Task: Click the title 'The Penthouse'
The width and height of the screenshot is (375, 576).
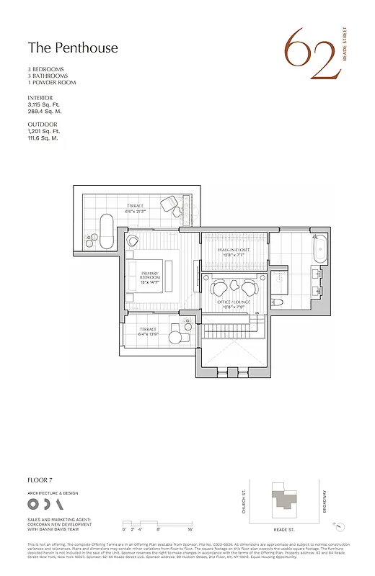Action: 72,48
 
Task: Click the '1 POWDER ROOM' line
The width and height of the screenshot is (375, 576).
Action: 52,83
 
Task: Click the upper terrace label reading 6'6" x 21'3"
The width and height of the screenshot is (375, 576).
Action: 135,209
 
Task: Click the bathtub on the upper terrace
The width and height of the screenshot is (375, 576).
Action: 106,230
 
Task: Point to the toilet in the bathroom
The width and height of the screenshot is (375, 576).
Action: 277,303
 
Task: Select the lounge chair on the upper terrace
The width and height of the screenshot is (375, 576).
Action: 171,204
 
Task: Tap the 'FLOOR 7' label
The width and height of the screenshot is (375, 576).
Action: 40,480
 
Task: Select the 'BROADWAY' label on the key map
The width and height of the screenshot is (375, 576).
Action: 325,501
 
